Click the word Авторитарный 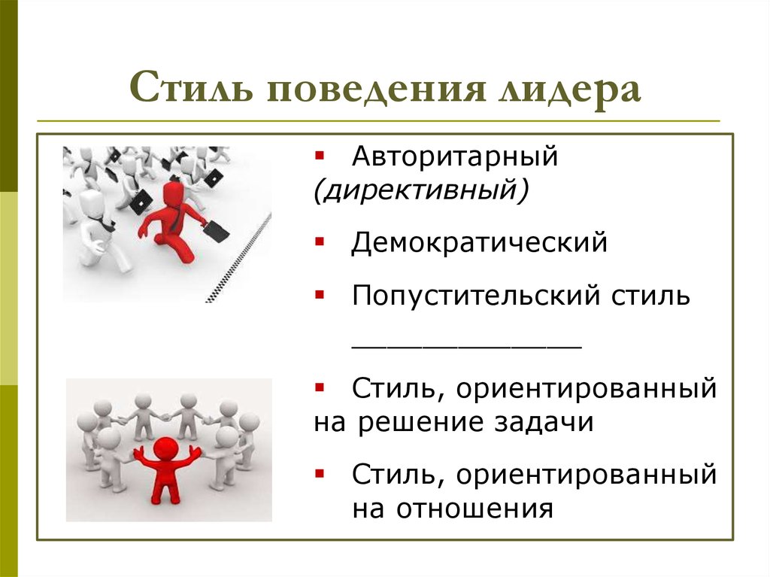pos(455,159)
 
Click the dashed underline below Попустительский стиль pos(467,345)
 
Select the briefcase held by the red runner pos(216,229)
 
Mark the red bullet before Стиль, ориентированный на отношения pos(320,472)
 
